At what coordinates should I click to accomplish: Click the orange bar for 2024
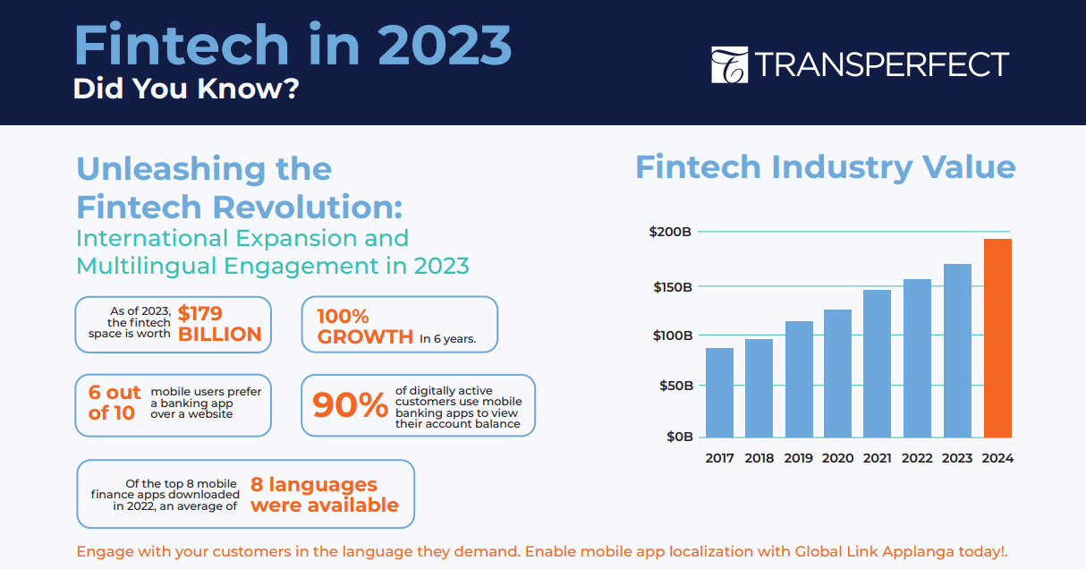997,338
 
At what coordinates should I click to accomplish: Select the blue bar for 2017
719,393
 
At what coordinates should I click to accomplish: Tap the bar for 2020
838,374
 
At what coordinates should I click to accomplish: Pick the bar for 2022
917,358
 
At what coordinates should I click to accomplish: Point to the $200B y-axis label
670,232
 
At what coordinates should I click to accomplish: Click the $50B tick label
675,386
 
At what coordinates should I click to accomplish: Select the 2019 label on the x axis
799,458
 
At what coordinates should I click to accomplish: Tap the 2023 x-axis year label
957,458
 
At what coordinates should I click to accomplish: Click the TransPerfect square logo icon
730,65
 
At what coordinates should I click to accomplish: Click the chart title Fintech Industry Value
825,167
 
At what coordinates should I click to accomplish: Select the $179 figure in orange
199,314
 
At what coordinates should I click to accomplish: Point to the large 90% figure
350,404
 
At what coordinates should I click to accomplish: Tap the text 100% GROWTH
365,327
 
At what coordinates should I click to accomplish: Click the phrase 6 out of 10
114,403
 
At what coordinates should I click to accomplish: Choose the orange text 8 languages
314,484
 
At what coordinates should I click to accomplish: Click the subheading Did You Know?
186,89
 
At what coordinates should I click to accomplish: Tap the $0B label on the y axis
680,437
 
